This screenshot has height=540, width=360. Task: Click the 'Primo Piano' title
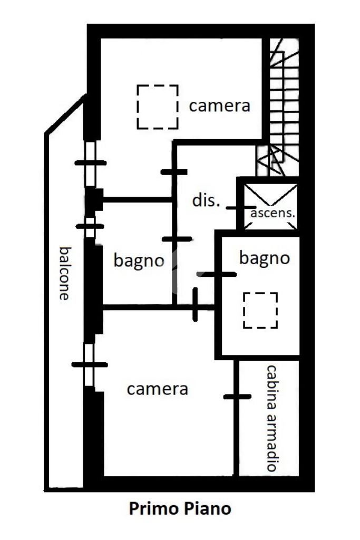(x=180, y=509)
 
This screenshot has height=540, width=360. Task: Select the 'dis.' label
(x=205, y=201)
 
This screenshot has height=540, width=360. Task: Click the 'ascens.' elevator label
(x=273, y=214)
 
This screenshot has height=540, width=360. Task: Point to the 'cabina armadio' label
(x=271, y=418)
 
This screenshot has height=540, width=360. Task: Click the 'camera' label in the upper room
(x=219, y=105)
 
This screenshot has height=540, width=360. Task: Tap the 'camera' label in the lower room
(x=157, y=389)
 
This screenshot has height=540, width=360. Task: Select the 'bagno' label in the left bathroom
(x=139, y=260)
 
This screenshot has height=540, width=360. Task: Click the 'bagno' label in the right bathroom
(x=264, y=258)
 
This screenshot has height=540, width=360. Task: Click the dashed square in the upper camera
(x=157, y=107)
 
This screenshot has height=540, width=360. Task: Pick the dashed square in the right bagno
(x=260, y=310)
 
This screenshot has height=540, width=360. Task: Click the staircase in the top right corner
(x=283, y=105)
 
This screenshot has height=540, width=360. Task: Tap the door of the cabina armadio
(x=237, y=397)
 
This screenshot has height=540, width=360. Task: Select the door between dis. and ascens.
(x=241, y=208)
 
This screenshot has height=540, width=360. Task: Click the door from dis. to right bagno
(x=217, y=274)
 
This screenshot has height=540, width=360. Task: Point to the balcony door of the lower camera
(x=90, y=364)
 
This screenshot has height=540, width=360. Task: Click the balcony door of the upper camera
(x=91, y=162)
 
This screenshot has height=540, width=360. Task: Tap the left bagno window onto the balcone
(x=90, y=226)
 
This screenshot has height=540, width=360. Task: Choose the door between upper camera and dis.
(x=174, y=171)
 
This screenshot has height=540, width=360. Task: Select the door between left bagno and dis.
(x=176, y=239)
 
